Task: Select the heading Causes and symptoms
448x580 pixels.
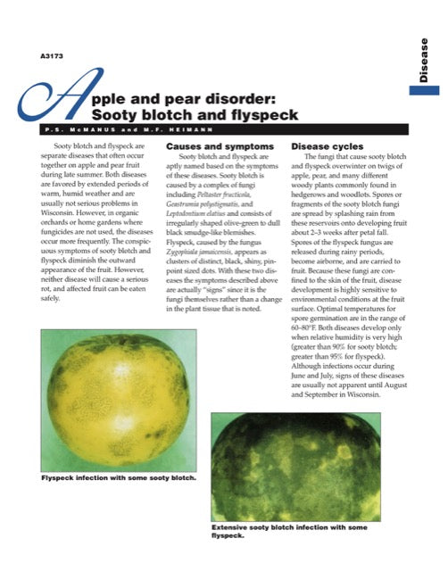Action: click(x=207, y=145)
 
